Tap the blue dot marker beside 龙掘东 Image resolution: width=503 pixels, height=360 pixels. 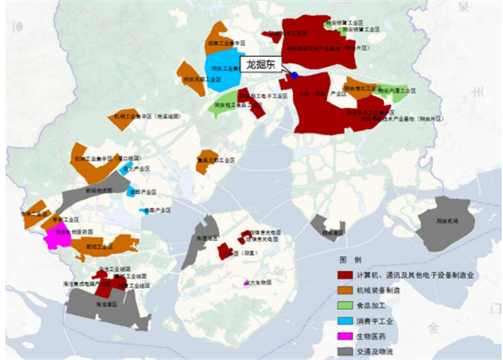coord(295,75)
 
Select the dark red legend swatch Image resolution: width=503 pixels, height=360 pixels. coord(344,275)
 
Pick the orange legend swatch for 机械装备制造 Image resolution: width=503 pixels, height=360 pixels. coord(344,290)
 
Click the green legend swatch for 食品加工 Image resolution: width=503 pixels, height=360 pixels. coord(344,305)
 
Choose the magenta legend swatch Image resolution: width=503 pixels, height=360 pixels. coord(344,336)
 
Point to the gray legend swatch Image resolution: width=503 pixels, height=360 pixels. coord(344,351)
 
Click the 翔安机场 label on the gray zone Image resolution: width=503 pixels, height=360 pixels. coord(458,218)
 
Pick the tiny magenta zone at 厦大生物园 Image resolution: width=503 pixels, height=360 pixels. coord(246,283)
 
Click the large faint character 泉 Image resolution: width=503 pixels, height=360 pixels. coord(462,10)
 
